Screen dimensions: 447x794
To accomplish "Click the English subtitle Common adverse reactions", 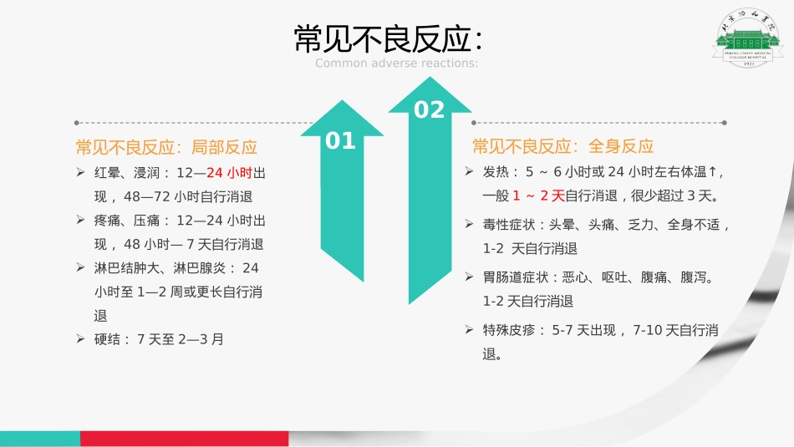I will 396,63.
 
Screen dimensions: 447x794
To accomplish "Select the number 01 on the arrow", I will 340,141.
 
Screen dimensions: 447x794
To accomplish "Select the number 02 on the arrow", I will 430,109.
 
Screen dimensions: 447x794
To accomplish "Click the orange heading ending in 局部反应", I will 165,147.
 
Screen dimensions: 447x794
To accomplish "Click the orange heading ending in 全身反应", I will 562,146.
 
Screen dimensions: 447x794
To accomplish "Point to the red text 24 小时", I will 229,173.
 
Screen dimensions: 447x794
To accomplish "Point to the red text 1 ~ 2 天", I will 538,196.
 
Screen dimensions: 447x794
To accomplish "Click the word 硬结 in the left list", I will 112,339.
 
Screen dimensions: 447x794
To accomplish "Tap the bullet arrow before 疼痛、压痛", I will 80,221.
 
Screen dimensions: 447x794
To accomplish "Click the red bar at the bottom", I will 184,439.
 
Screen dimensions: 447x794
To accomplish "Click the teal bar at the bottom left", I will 39,439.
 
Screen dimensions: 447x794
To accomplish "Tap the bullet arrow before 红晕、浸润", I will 80,173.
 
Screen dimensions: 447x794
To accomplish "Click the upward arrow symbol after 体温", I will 712,172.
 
